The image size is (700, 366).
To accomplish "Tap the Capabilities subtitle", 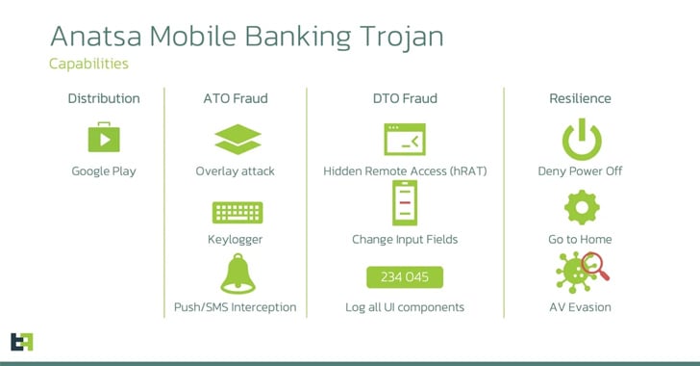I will (88, 65).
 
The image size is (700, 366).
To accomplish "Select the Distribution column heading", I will (104, 98).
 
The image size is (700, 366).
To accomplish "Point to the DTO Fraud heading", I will (405, 98).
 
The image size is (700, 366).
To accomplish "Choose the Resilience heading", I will (580, 98).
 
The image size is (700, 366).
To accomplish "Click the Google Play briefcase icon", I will (104, 139).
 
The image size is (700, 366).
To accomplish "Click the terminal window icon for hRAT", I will (405, 139).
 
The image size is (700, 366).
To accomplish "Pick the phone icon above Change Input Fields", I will (405, 204).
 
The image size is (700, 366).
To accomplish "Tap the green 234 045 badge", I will (405, 277).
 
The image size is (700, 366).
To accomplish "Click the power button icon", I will (580, 139).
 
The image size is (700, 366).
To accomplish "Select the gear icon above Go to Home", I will (580, 206).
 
